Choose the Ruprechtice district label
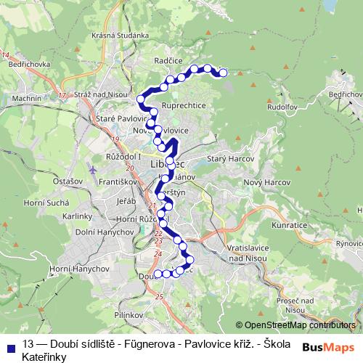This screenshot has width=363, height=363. tap(184, 105)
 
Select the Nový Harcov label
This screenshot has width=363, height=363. tap(262, 181)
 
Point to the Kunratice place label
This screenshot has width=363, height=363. tap(290, 227)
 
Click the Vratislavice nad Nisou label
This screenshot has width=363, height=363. tap(249, 253)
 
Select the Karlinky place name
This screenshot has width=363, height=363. tap(76, 216)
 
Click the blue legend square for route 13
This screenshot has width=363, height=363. tap(9, 342)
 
